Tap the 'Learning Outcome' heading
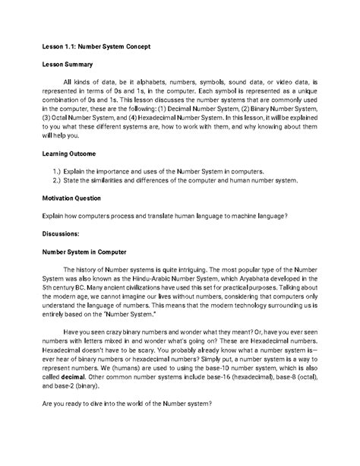pyautogui.click(x=73, y=153)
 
